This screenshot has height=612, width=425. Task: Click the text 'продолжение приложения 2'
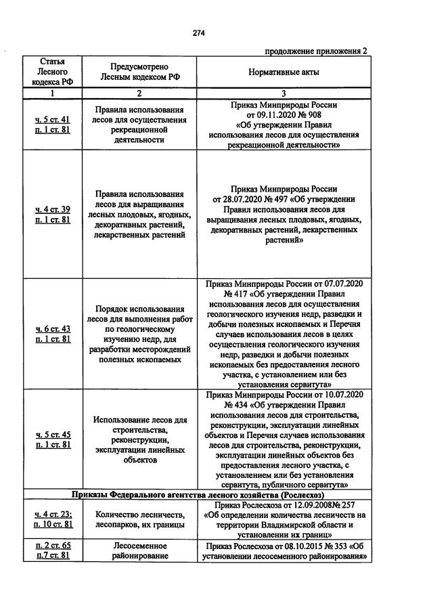coord(316,51)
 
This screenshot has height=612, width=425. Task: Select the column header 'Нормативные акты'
coord(284,72)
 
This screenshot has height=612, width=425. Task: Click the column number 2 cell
coord(139,93)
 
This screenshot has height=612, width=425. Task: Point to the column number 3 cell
coord(284,93)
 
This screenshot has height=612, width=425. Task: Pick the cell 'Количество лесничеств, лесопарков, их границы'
coord(139,519)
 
